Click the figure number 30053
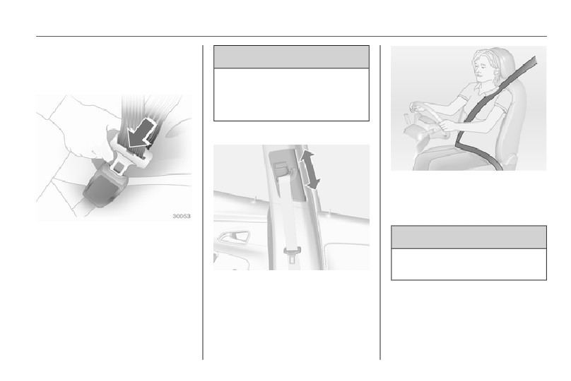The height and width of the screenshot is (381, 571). pyautogui.click(x=182, y=217)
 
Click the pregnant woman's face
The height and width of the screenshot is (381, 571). pyautogui.click(x=483, y=68)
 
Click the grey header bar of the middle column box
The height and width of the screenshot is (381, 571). pyautogui.click(x=291, y=57)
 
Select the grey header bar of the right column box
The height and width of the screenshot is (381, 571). pyautogui.click(x=469, y=236)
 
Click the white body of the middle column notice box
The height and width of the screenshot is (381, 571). pyautogui.click(x=291, y=95)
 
